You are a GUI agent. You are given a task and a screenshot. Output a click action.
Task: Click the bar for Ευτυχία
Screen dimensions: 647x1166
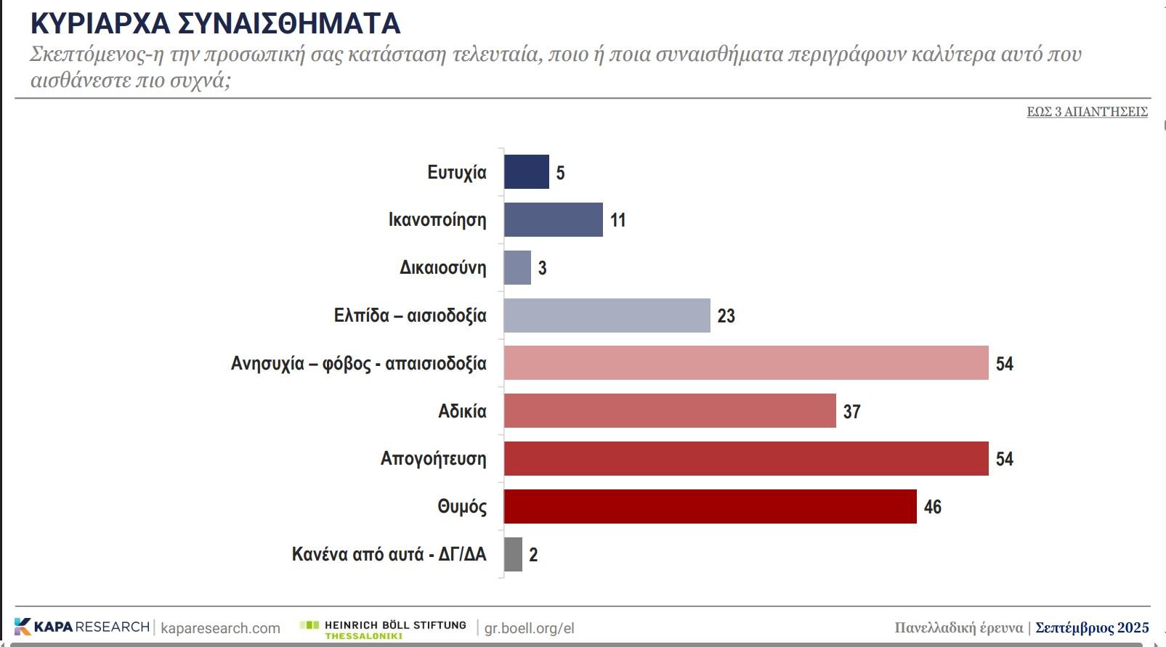[x=526, y=172]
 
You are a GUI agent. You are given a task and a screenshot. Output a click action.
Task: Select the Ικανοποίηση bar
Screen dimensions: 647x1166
[x=553, y=219]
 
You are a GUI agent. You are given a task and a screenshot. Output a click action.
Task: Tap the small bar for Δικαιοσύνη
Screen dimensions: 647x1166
[x=517, y=267]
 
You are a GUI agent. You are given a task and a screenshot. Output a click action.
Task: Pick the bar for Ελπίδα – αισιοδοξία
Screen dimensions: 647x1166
[x=607, y=315]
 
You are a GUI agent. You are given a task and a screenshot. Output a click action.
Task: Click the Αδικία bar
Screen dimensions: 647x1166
[x=670, y=411]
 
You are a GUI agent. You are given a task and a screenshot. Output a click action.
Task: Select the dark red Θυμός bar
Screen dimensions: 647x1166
[x=710, y=506]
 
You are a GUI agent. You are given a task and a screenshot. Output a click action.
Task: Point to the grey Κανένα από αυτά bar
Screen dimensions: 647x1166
[x=513, y=554]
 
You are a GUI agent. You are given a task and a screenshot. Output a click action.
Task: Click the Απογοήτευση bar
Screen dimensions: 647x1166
[x=746, y=458]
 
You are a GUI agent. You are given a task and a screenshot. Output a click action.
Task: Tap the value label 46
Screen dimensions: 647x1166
[x=932, y=507]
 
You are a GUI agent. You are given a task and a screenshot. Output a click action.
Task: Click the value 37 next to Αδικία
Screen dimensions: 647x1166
[x=851, y=412]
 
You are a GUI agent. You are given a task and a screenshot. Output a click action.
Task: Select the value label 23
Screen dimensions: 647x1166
[x=726, y=316]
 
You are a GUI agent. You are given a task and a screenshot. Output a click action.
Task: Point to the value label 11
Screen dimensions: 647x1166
[x=618, y=220]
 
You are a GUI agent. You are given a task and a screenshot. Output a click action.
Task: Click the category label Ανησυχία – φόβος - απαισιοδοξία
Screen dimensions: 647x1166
[x=358, y=363]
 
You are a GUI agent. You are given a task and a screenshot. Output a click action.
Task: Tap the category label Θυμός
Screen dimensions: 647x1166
[x=461, y=506]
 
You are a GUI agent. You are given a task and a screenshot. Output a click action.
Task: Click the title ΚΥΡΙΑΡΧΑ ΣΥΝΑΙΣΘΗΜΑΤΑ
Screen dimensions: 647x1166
[x=215, y=23]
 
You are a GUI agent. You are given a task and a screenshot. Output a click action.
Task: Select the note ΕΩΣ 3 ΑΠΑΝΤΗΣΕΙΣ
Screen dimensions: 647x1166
[x=1087, y=111]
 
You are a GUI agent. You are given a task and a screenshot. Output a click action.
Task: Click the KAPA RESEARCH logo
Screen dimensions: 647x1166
[x=81, y=627]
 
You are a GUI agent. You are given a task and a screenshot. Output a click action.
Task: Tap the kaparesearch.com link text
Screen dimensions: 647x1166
[x=220, y=628]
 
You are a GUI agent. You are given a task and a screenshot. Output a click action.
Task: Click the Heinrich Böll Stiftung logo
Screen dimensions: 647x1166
[x=384, y=628]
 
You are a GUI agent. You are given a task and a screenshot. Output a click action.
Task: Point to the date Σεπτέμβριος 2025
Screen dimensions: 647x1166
[x=1092, y=627]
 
